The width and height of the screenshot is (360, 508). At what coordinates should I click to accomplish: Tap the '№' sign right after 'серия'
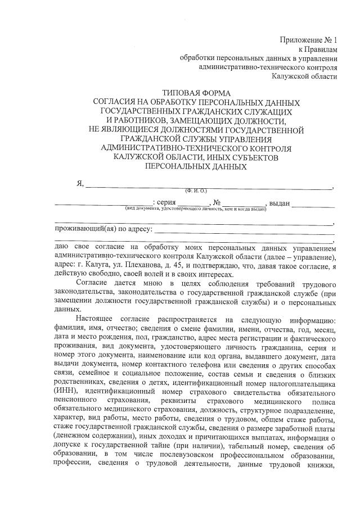point(215,203)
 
